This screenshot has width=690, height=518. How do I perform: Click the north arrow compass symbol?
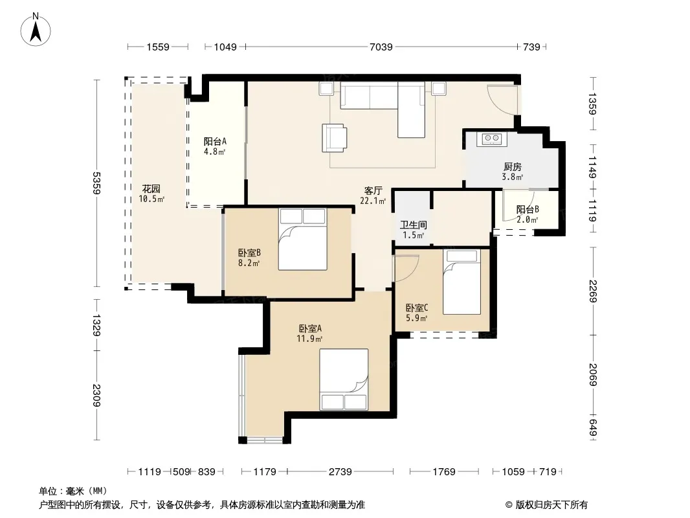(36, 30)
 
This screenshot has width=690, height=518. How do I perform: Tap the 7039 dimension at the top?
(381, 47)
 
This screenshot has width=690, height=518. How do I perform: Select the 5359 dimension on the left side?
(97, 183)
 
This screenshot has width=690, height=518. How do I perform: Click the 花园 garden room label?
(151, 189)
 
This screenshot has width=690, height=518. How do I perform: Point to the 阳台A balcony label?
(215, 141)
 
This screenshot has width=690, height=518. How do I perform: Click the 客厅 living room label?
(373, 190)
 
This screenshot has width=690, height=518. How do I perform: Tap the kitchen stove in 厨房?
(491, 139)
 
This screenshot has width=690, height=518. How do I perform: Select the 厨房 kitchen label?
(512, 167)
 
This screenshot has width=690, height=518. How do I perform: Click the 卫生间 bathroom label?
(413, 225)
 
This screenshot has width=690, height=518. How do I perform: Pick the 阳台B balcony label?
(527, 210)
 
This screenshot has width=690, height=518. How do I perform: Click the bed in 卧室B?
(303, 239)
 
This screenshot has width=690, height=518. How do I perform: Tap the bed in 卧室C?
(462, 282)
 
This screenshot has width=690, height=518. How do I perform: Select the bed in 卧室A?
(344, 379)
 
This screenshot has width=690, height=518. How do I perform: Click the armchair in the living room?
(334, 138)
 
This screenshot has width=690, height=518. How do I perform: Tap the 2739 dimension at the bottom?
(340, 472)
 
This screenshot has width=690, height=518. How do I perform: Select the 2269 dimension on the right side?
(592, 291)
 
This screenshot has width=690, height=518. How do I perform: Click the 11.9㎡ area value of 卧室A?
(309, 339)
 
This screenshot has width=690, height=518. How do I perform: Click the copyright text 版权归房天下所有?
(551, 505)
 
